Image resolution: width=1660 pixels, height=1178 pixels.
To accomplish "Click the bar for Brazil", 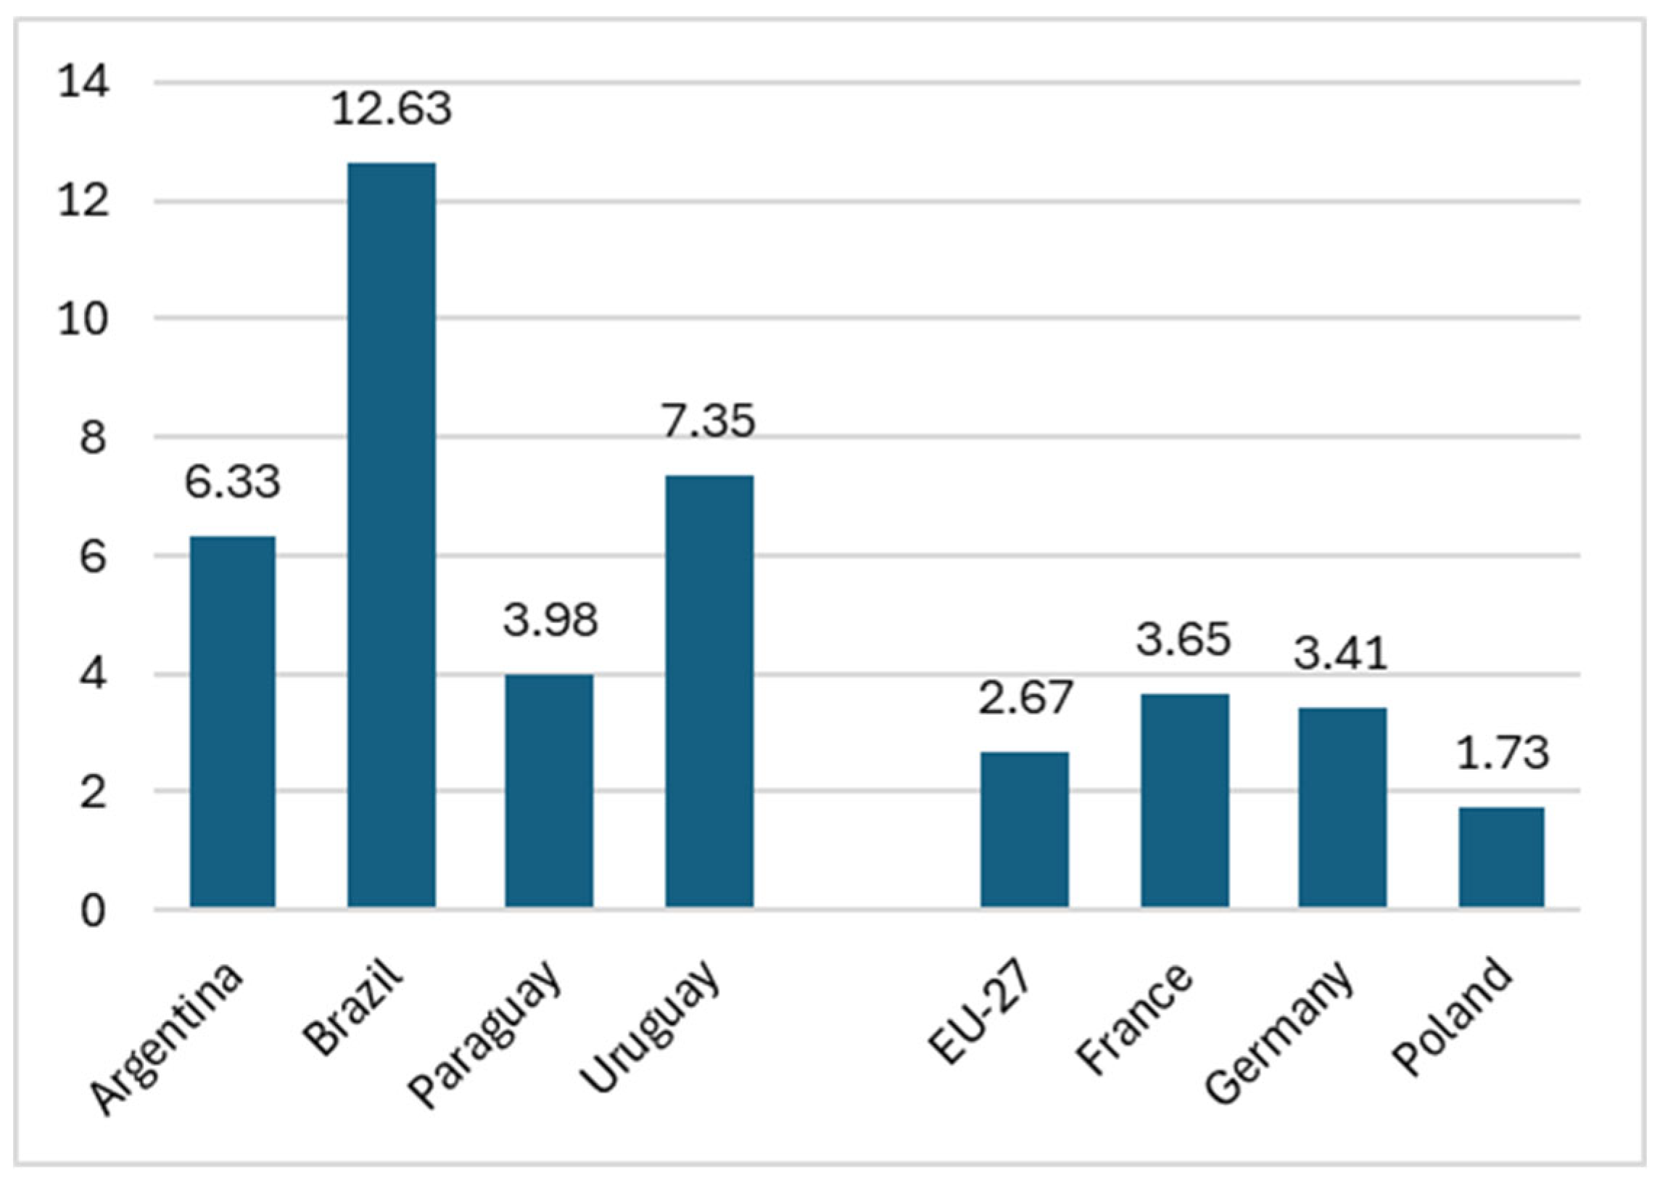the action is coord(392,535).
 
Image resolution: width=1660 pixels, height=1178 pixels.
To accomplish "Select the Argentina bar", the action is coord(233,722).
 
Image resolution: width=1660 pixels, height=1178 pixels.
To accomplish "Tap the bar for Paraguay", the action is coord(549,791).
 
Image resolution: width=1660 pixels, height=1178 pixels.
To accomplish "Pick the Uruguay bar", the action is coord(709,691).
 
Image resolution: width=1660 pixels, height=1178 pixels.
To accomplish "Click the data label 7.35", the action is coord(709,421).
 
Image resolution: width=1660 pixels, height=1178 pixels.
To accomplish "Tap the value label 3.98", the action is coord(550,620).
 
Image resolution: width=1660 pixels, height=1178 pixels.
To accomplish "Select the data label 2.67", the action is coord(1025,697).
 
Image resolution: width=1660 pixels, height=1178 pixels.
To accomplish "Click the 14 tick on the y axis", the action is coord(84,81).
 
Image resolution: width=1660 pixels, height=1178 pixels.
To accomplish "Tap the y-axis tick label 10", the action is coord(84,318).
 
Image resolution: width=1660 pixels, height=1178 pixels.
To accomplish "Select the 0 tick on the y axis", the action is coord(94,911).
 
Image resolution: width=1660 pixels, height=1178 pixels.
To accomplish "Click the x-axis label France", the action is coord(1135,1019).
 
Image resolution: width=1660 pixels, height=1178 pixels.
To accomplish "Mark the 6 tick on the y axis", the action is coord(94,557).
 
